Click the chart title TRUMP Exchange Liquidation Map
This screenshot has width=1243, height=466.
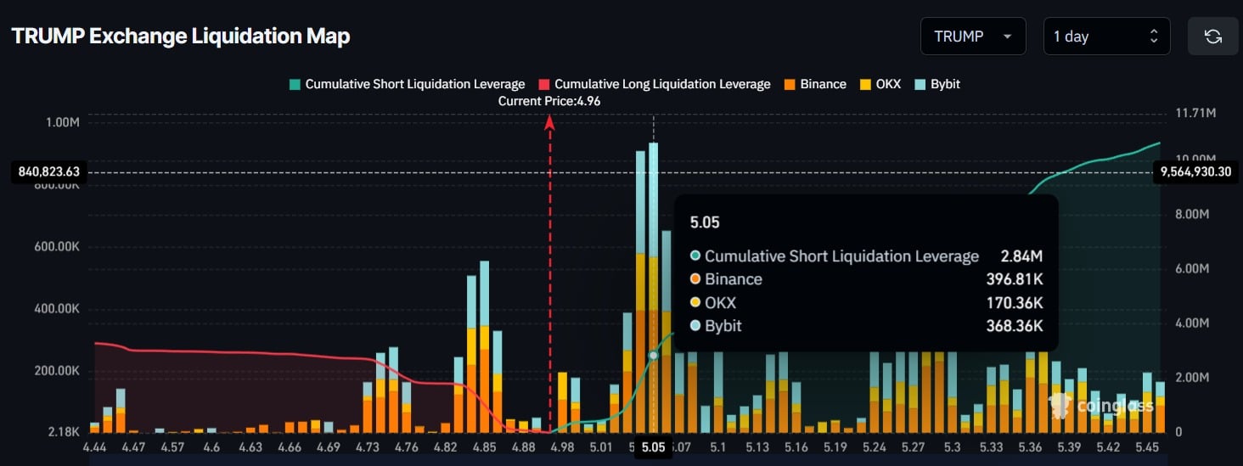(x=181, y=36)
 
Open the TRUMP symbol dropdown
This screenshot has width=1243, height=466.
(x=972, y=36)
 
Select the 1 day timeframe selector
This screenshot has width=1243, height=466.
(x=1105, y=36)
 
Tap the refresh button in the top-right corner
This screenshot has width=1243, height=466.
(x=1212, y=36)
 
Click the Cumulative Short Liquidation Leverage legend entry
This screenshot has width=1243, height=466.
(x=407, y=84)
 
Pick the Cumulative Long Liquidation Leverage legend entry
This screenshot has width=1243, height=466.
(x=654, y=84)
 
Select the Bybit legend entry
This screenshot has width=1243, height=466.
(x=937, y=84)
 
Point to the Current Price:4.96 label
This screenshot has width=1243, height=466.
(x=548, y=101)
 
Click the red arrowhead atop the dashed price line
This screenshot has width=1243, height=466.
(x=549, y=123)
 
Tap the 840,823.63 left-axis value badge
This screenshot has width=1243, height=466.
(x=49, y=172)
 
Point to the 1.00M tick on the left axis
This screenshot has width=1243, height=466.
(x=62, y=122)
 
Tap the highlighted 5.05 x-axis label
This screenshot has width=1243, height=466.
(x=653, y=447)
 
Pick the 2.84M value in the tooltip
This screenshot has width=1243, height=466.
(x=1023, y=256)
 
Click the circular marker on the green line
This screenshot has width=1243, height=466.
(x=653, y=356)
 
